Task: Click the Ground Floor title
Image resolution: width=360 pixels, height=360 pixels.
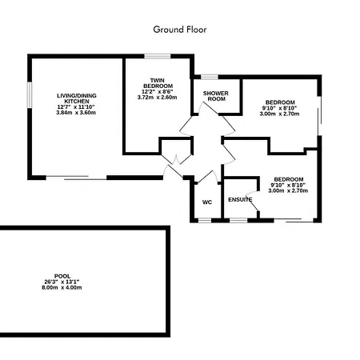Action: pos(180,30)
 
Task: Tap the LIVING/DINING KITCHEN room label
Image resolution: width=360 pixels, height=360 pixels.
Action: pos(77,98)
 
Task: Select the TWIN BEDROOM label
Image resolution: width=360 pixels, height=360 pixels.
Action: pos(158,83)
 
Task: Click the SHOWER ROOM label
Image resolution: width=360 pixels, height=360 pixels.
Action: pos(216,96)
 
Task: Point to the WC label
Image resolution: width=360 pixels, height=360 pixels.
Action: pos(207,202)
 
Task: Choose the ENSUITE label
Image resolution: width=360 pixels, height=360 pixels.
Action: pos(240,199)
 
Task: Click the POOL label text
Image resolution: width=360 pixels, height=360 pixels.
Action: pos(62,276)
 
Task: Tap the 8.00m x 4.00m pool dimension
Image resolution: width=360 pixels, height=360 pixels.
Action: pos(62,287)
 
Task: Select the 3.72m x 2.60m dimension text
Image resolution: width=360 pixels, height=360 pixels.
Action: pos(158,98)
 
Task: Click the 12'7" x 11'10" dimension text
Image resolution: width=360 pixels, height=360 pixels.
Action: pos(76,107)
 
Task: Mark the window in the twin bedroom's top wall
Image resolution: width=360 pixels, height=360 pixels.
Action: pos(158,56)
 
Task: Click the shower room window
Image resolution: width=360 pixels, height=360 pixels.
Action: pos(210,77)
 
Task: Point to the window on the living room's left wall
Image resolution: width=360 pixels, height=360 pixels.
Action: pos(30,95)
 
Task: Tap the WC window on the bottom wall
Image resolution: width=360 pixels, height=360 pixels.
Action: pos(205,220)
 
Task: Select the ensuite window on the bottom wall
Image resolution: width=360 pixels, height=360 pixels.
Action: pos(238,220)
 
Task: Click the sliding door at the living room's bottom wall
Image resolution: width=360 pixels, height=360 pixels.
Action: pos(76,178)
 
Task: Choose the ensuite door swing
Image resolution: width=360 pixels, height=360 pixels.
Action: pos(252,201)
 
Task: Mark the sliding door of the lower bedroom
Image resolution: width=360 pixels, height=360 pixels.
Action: pos(294,220)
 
